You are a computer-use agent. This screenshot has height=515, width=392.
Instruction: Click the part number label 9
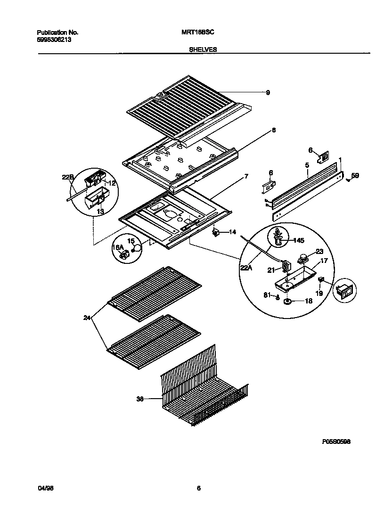tap(268, 93)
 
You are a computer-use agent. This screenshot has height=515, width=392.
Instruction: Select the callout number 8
tap(273, 131)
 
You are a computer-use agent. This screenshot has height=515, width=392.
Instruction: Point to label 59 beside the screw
tap(355, 176)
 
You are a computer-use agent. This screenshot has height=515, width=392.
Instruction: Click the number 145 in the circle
tap(298, 240)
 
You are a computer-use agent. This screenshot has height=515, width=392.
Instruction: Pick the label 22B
tap(68, 177)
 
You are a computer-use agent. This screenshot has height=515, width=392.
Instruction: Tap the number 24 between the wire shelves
tap(87, 318)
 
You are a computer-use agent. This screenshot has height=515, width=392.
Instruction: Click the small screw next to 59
tap(347, 180)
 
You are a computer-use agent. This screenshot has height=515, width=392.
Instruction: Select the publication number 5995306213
tap(54, 40)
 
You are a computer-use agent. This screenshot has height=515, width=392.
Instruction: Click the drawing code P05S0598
tap(336, 442)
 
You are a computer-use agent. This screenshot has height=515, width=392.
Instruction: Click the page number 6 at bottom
tap(198, 489)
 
